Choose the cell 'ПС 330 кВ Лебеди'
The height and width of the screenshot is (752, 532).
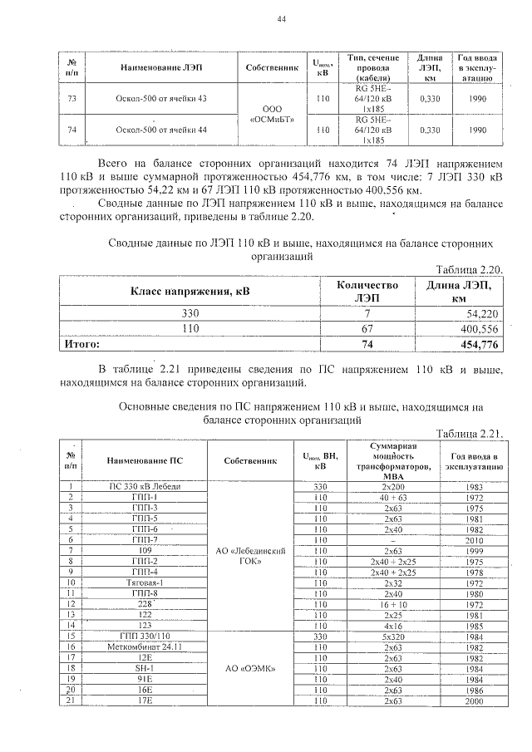(x=145, y=486)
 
